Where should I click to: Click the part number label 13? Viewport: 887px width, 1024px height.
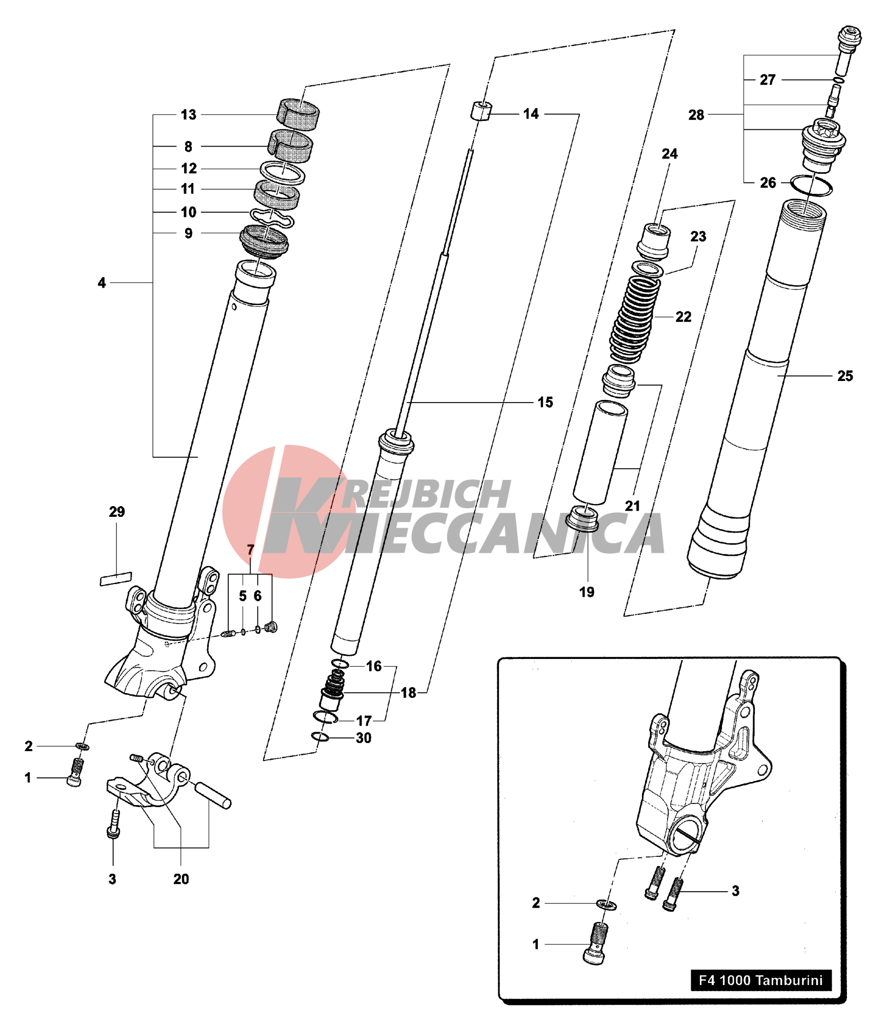(x=188, y=115)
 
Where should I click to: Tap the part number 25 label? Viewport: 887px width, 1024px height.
(x=844, y=376)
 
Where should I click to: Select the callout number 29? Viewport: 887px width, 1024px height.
(x=116, y=511)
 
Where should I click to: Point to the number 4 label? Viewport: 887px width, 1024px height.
(x=102, y=283)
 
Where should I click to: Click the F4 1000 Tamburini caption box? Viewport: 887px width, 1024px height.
(x=760, y=980)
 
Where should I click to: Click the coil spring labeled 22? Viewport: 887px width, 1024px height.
(x=634, y=318)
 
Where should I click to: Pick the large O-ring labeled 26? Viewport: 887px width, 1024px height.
(x=811, y=186)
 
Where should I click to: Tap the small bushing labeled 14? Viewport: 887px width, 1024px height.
(x=481, y=111)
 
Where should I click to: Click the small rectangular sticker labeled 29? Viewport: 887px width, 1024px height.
(x=115, y=578)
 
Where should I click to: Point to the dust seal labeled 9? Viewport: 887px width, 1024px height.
(x=264, y=241)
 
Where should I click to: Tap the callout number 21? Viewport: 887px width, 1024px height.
(x=632, y=506)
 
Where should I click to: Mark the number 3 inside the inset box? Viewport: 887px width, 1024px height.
(x=735, y=891)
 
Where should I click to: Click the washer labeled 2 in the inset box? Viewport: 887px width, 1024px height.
(x=606, y=905)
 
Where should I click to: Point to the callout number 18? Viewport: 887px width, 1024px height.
(x=408, y=693)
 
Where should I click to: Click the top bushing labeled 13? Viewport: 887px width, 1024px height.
(x=298, y=114)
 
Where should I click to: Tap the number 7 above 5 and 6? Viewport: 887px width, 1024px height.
(x=250, y=550)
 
